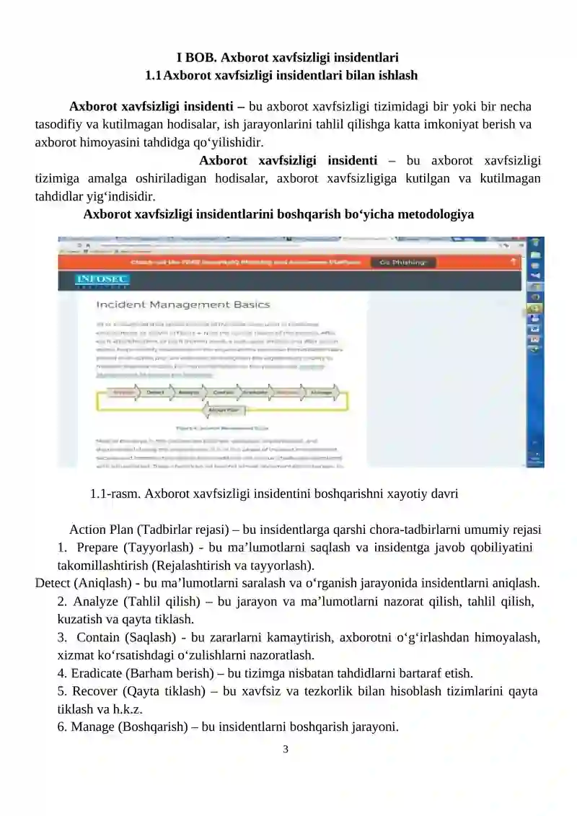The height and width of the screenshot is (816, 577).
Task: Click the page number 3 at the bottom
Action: (286, 749)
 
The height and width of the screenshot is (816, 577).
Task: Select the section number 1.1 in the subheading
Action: (153, 75)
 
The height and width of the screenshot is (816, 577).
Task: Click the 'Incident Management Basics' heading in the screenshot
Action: (183, 304)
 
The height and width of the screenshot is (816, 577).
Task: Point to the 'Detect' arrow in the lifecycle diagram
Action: (154, 393)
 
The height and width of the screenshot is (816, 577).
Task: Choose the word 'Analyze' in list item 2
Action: (96, 601)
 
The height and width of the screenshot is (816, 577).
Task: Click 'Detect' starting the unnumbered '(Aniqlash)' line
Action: (52, 583)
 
